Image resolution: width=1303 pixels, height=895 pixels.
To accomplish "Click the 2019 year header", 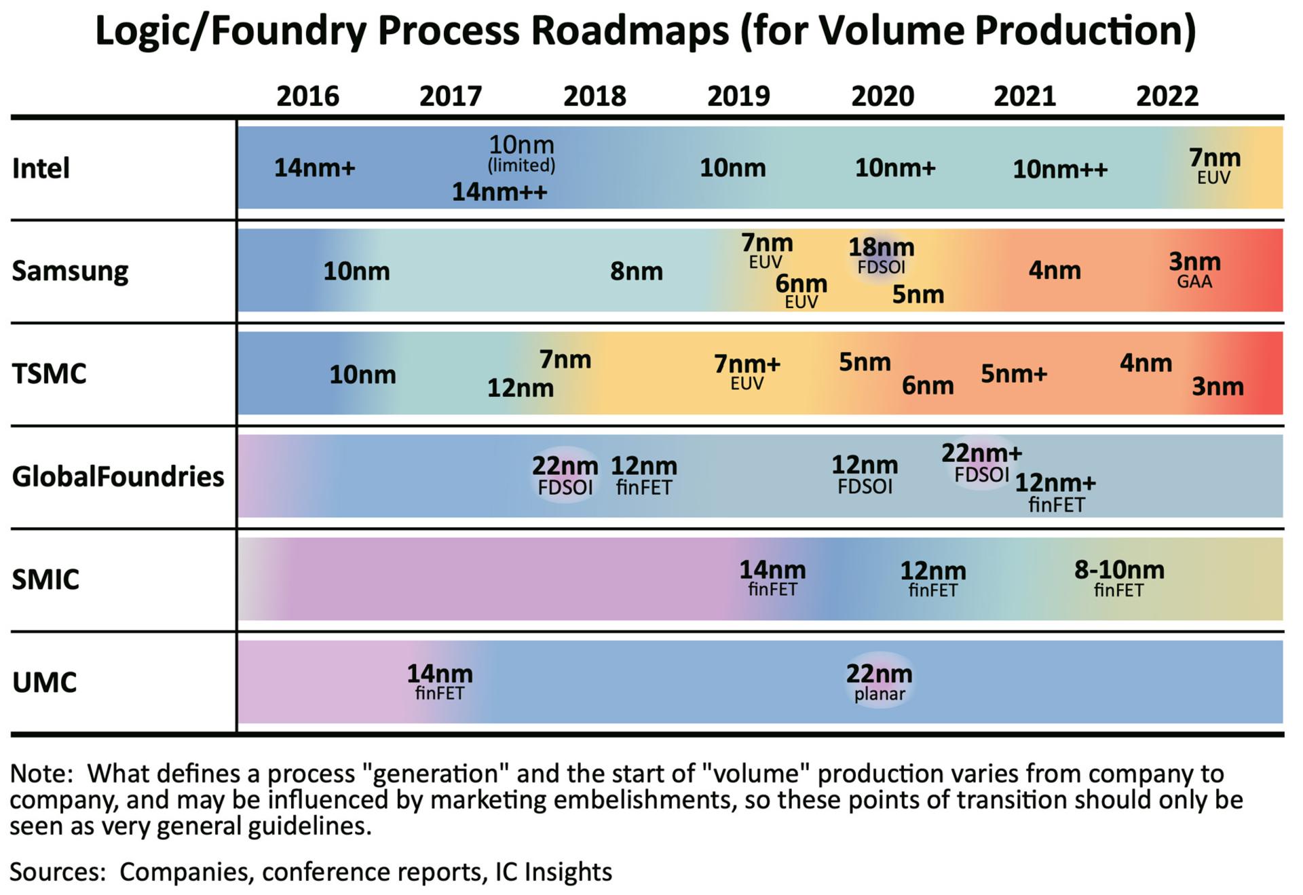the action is click(738, 96).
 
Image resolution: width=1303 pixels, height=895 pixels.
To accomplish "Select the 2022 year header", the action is click(1167, 96).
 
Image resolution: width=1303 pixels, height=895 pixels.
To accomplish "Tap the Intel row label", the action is click(41, 168).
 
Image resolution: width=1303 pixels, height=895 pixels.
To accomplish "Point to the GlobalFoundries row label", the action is click(118, 476).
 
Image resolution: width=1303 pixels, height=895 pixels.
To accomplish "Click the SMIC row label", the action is click(45, 579).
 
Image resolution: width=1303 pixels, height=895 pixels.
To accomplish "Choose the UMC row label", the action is click(45, 683).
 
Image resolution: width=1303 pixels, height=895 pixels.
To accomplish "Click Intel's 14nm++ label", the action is click(499, 192).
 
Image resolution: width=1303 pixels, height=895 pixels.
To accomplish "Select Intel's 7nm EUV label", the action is click(1215, 166).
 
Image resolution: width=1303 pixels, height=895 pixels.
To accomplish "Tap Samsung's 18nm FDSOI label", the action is click(882, 256).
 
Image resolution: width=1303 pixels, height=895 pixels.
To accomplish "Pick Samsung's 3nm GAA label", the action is click(1194, 270).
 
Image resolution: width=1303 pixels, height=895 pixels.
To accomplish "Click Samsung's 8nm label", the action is click(636, 271).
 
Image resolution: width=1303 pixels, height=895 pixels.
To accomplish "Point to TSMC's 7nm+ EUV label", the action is click(747, 373).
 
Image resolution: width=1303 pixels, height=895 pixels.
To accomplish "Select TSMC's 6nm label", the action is click(928, 386).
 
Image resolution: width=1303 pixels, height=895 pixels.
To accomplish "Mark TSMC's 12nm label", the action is click(521, 389).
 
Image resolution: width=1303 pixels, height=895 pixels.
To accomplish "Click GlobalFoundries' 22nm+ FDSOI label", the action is click(981, 463).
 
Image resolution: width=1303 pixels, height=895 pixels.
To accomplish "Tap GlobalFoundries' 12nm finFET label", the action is click(644, 476).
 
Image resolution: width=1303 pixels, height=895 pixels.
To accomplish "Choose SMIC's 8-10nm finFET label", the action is click(1119, 579).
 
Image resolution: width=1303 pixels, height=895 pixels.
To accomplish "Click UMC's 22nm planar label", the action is click(879, 683).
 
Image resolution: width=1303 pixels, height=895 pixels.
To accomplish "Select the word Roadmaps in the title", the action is click(629, 31).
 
